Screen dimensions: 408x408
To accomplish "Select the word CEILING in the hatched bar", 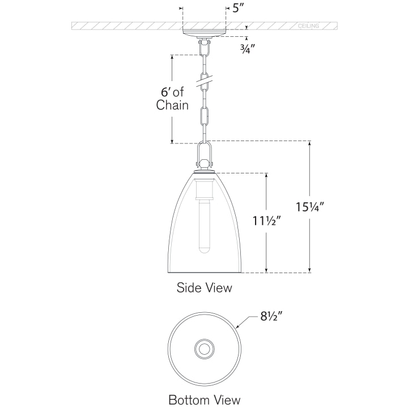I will pyautogui.click(x=309, y=26).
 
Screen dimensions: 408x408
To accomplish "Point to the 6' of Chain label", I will pyautogui.click(x=172, y=97).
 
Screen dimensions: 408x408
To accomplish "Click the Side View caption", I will pyautogui.click(x=204, y=287).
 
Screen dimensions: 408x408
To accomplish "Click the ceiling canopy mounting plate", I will pyautogui.click(x=204, y=33).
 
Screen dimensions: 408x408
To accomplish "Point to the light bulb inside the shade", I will pyautogui.click(x=204, y=227).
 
